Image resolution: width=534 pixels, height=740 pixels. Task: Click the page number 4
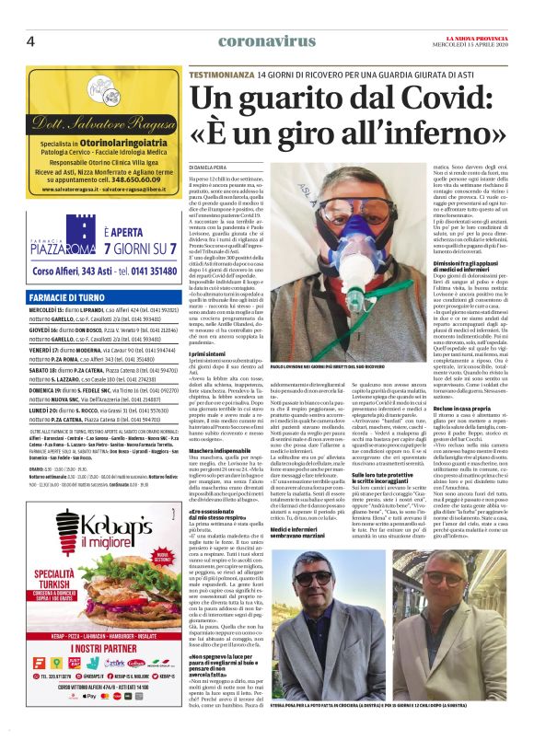(30, 40)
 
